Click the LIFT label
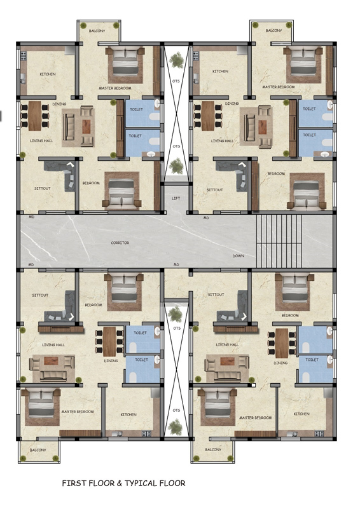click(x=176, y=198)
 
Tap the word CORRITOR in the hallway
click(x=120, y=243)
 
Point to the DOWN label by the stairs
click(x=238, y=256)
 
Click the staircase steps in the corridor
click(x=279, y=241)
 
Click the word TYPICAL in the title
click(x=141, y=483)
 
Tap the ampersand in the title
click(x=120, y=484)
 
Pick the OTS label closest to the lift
click(x=176, y=146)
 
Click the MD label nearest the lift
click(x=206, y=218)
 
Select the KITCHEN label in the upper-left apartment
click(x=48, y=74)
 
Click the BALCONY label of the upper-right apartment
click(x=273, y=31)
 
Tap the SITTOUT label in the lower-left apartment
click(x=40, y=295)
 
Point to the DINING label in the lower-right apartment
click(x=280, y=363)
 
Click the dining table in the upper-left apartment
click(x=35, y=116)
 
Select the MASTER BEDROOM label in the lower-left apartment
click(x=78, y=411)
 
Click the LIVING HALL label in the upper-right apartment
click(x=222, y=141)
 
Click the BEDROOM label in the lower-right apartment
click(x=290, y=315)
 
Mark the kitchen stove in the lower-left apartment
click(x=146, y=433)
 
